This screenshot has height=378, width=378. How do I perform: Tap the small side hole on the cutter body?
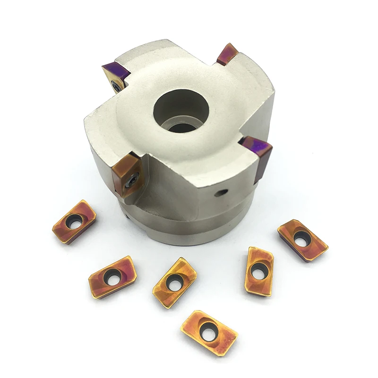[220, 192]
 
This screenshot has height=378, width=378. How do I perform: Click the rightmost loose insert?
[302, 241]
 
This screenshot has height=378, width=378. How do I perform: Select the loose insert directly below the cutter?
[175, 283]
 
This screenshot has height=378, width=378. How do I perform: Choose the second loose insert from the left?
[112, 276]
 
